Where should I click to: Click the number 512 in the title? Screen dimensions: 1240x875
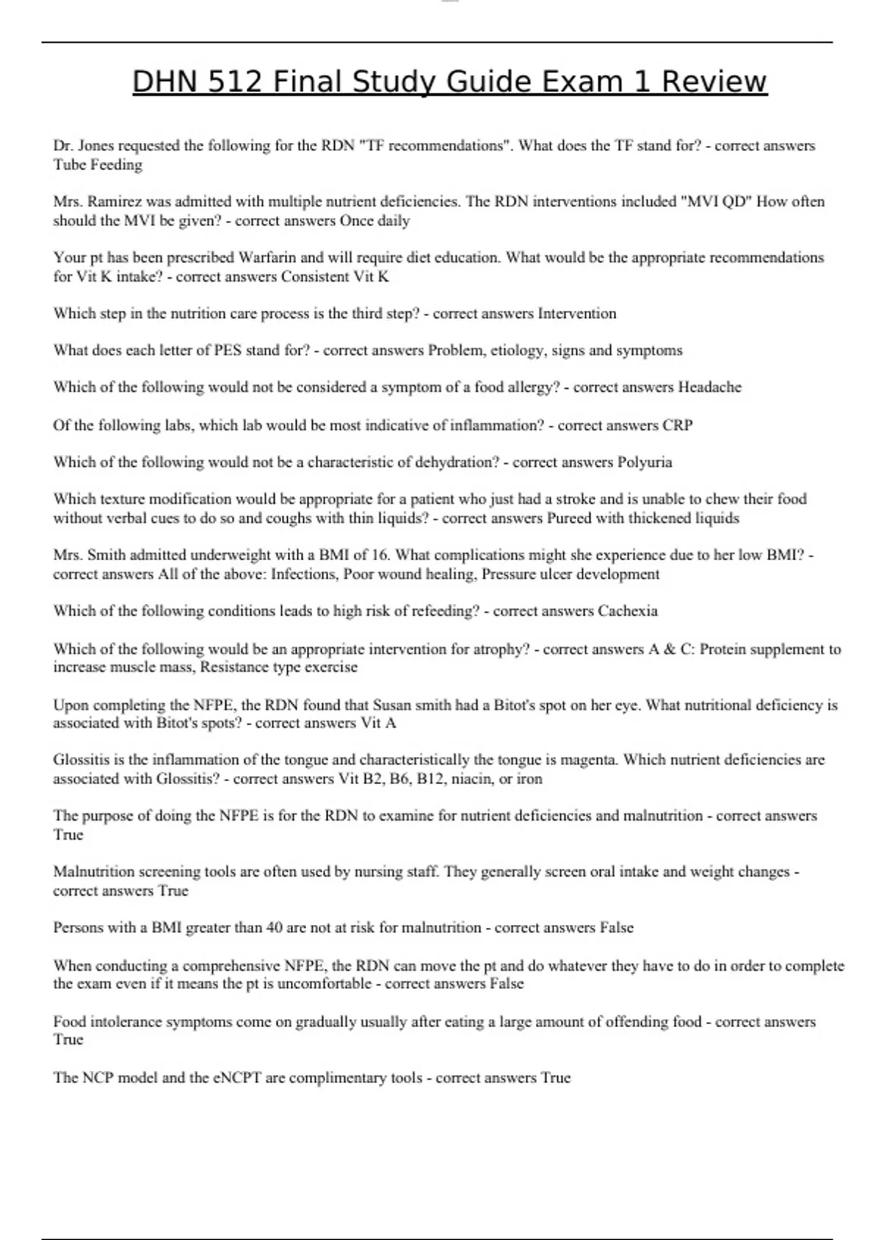coord(233,82)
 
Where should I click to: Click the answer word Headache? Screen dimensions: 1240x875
coord(709,387)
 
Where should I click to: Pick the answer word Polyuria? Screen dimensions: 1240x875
coord(645,462)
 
